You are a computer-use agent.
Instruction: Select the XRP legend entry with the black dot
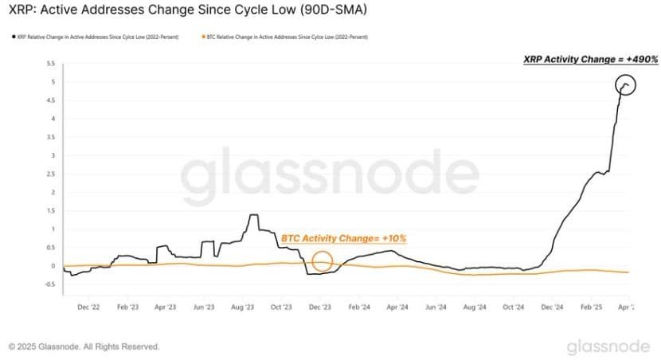[x=96, y=37]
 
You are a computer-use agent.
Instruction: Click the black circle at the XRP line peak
[x=626, y=85]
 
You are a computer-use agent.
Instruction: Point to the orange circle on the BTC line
[x=323, y=261]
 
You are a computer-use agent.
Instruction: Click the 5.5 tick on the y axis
[x=49, y=63]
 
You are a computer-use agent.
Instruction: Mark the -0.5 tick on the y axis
[x=49, y=284]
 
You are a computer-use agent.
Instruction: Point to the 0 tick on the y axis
[x=52, y=266]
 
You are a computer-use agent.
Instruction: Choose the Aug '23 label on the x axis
[x=242, y=306]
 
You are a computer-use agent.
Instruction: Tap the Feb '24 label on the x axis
[x=359, y=306]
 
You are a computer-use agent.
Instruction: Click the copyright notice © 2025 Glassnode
[x=84, y=347]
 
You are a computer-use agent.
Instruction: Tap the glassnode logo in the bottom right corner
[x=608, y=346]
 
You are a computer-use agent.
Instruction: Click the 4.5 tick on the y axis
[x=49, y=100]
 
